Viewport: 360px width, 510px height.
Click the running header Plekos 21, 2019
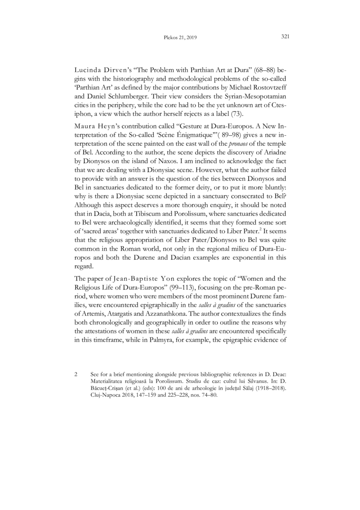click(x=180, y=37)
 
